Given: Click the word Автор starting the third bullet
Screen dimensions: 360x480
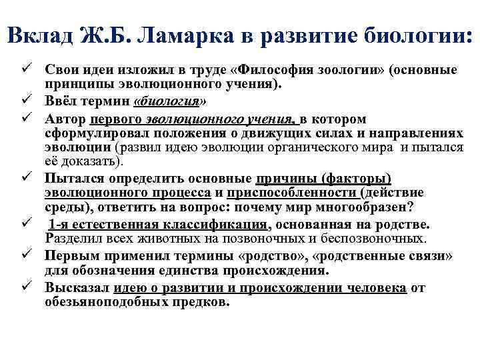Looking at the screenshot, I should (65, 119).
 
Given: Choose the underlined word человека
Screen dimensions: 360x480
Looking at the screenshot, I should (373, 287).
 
